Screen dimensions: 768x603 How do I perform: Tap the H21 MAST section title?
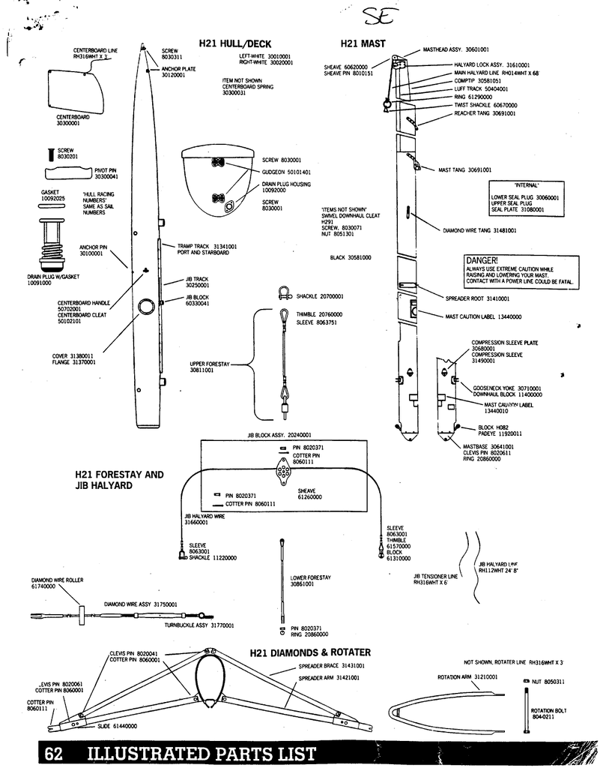point(363,44)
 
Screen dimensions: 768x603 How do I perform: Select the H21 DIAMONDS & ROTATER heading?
point(309,652)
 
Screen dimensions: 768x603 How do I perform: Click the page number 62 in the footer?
point(52,754)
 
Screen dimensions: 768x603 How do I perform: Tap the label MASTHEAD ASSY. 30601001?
point(455,49)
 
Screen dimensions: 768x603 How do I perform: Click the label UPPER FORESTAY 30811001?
point(207,367)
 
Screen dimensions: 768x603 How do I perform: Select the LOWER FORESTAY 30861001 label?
point(310,580)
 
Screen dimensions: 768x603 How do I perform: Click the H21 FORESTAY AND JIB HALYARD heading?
point(118,480)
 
